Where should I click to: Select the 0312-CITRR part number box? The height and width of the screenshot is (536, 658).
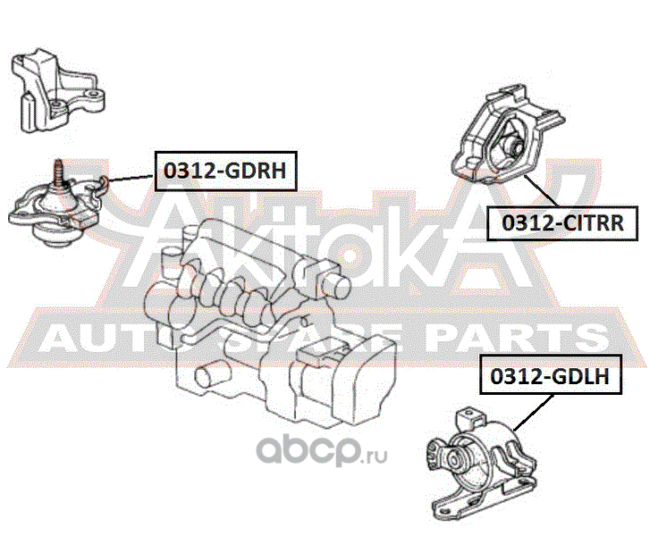tap(561, 221)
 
